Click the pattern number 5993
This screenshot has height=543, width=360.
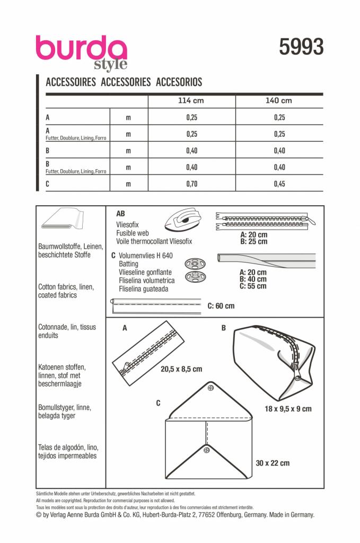(x=301, y=47)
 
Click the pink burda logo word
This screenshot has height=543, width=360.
(x=81, y=49)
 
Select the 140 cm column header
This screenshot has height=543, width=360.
(x=279, y=100)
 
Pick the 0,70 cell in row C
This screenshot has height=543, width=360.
(x=191, y=184)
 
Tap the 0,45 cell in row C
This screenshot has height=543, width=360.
(x=279, y=184)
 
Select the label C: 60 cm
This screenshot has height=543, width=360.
(x=221, y=306)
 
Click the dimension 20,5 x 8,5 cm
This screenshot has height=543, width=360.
(x=181, y=369)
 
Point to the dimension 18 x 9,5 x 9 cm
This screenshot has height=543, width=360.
(x=288, y=409)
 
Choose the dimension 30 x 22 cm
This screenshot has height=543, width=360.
(x=273, y=463)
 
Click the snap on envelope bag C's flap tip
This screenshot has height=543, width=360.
(x=210, y=389)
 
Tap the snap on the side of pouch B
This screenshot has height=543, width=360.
(x=297, y=379)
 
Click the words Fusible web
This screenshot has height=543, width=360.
(x=133, y=233)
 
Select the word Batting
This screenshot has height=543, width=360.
(x=128, y=264)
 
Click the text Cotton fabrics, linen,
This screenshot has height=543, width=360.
(x=66, y=287)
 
